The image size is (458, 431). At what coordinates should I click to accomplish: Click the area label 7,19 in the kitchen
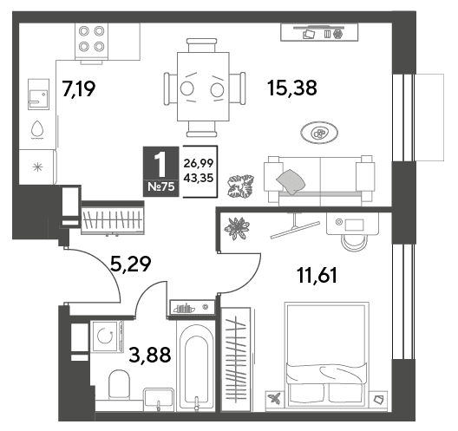point(79,88)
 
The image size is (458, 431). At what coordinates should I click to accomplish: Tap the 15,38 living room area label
point(292,88)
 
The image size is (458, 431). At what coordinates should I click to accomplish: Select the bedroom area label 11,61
point(317,276)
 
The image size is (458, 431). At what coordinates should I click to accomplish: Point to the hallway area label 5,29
point(131,264)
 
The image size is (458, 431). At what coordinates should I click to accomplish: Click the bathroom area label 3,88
point(150,355)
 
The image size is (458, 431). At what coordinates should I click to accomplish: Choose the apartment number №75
point(161,186)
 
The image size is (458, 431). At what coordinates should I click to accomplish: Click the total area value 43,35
point(199,178)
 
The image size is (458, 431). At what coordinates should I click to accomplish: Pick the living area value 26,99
point(199,163)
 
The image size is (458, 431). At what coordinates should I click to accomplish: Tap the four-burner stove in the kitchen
point(91,42)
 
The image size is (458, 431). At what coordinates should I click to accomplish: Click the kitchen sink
point(38,94)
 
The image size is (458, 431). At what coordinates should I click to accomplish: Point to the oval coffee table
point(319,133)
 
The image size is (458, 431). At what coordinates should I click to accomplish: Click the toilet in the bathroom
point(119,385)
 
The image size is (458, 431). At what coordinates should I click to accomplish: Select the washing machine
point(107,336)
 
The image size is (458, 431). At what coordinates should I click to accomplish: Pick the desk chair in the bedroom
point(354,242)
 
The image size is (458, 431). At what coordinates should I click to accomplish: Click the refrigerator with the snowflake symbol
point(37,167)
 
